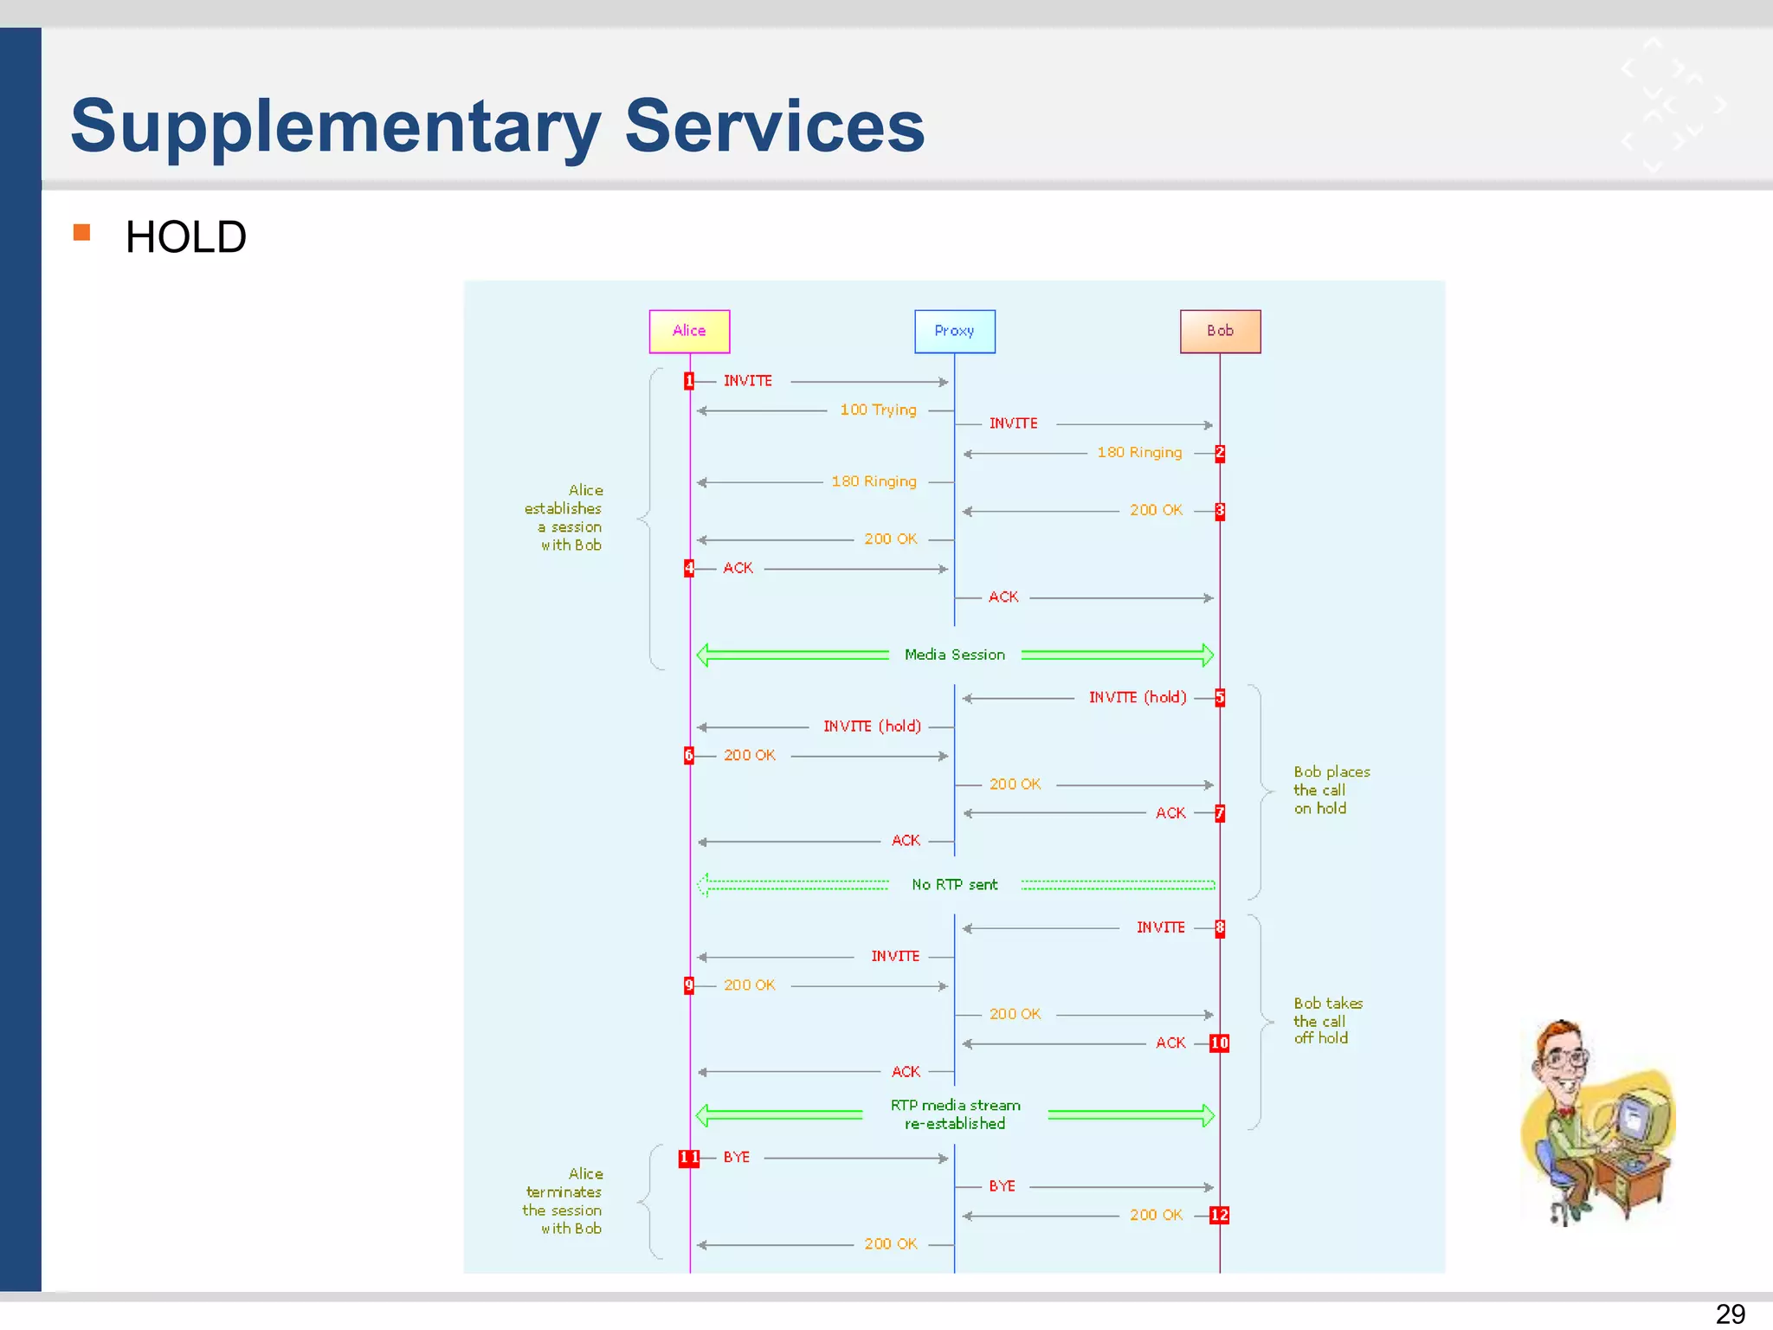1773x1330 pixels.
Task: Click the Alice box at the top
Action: click(x=689, y=331)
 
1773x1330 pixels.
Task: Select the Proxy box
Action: click(x=954, y=331)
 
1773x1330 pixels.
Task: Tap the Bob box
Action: click(x=1220, y=331)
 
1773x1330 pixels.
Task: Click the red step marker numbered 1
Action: click(x=689, y=381)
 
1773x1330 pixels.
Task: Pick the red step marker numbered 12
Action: click(x=1219, y=1215)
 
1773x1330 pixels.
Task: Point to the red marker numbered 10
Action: click(x=1219, y=1043)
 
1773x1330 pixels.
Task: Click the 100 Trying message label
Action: click(x=878, y=410)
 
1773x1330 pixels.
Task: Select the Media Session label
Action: click(x=954, y=655)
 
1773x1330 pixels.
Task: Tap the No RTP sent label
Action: click(x=954, y=884)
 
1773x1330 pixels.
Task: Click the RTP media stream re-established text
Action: click(x=955, y=1114)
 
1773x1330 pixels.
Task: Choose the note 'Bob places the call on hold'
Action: click(x=1331, y=790)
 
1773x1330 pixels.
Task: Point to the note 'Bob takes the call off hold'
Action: click(x=1327, y=1020)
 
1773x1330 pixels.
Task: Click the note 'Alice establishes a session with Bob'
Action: click(x=564, y=518)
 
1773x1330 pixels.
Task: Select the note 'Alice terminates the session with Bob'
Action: click(x=564, y=1201)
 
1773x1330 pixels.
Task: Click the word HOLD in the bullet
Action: click(x=185, y=237)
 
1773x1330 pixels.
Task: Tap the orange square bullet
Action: click(x=82, y=232)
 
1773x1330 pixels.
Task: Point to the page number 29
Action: click(x=1729, y=1313)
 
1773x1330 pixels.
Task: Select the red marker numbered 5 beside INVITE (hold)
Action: click(x=1219, y=698)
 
